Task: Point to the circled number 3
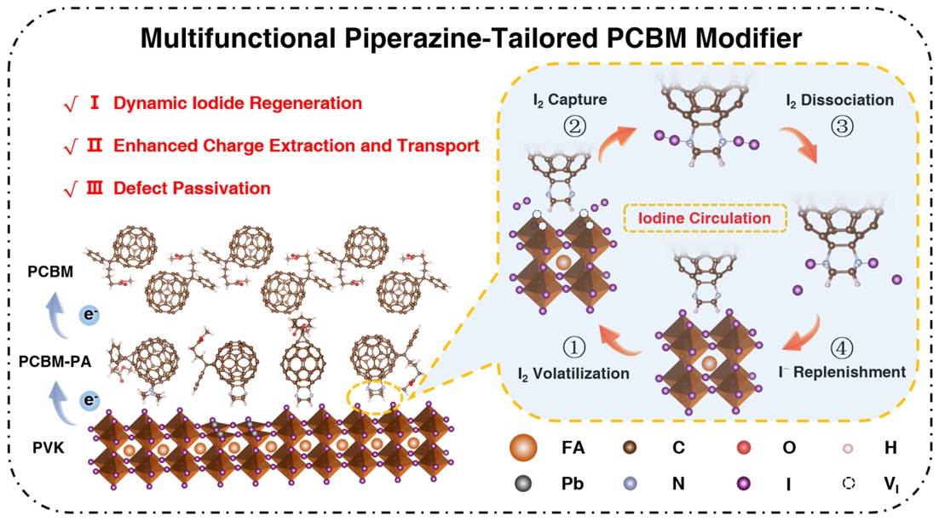coord(839,126)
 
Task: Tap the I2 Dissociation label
coord(839,100)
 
